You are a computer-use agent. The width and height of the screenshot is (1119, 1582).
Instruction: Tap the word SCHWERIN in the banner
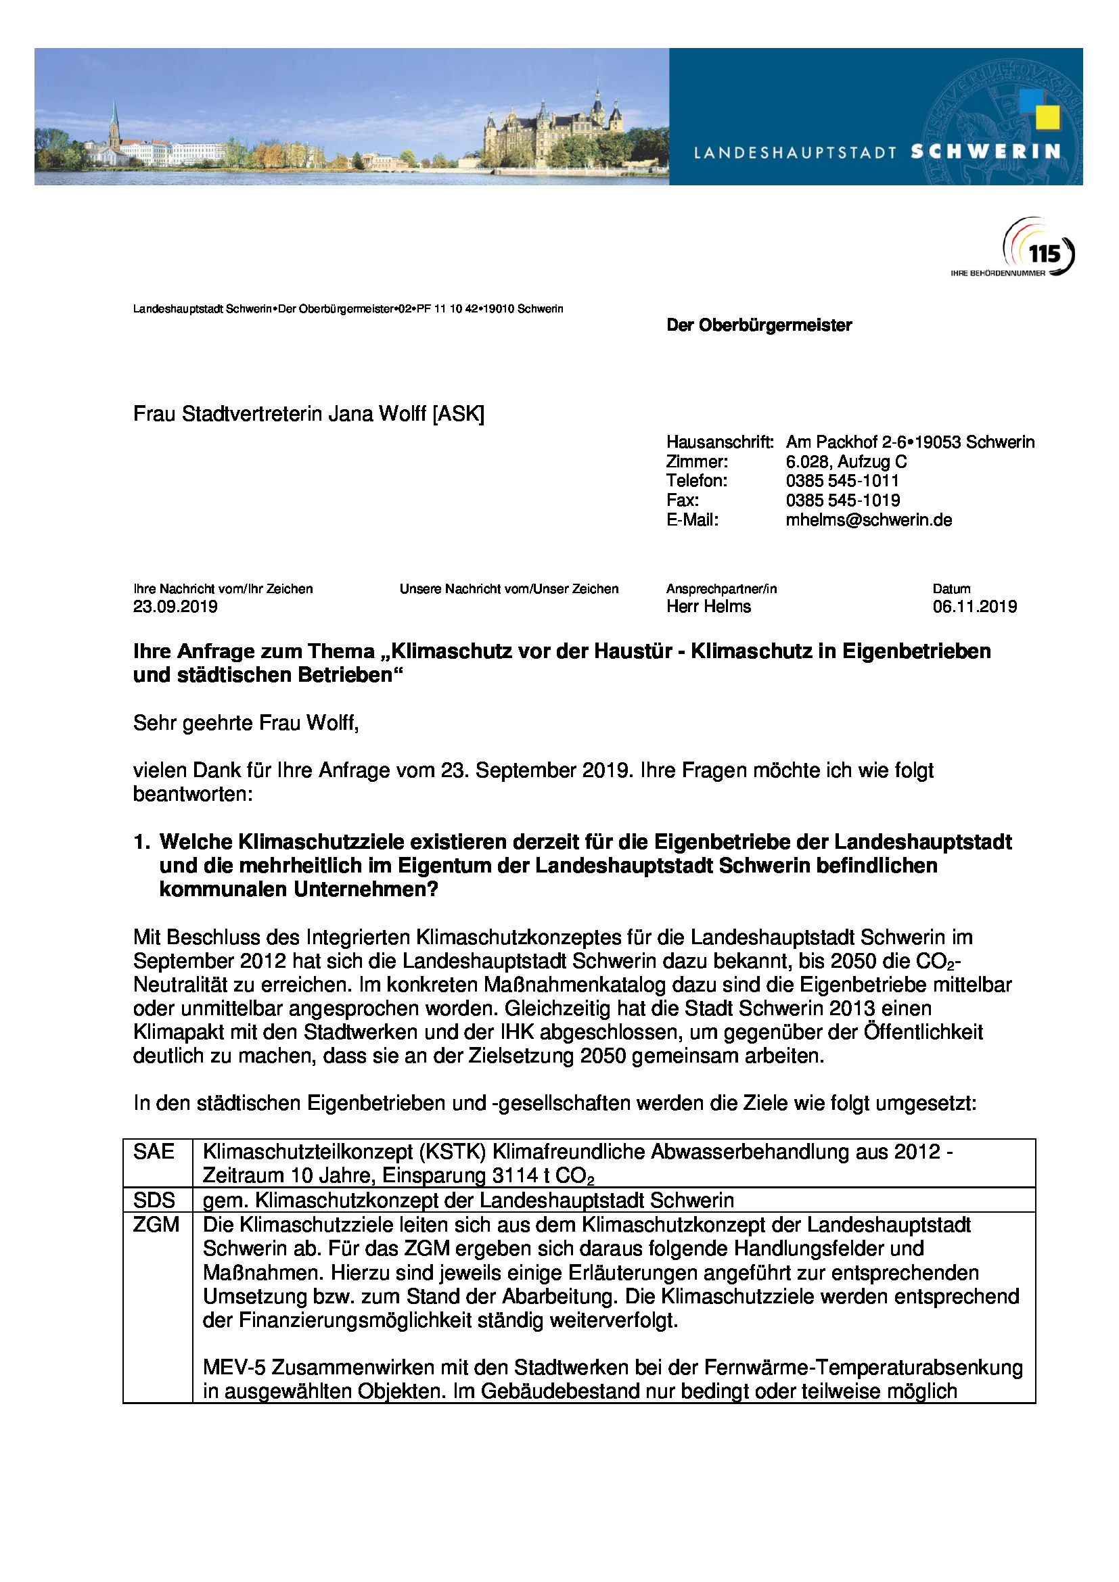[x=985, y=152]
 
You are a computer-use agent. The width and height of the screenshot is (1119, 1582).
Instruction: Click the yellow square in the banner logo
[x=1048, y=117]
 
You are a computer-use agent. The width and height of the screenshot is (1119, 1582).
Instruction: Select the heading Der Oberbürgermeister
[x=758, y=325]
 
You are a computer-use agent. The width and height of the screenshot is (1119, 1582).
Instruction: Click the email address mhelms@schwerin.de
[x=868, y=519]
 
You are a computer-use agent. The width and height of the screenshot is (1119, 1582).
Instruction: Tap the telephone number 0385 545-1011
[x=842, y=481]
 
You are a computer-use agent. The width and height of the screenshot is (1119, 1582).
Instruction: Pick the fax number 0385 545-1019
[x=842, y=501]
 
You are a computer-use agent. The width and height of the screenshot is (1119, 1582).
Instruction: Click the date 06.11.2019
[x=974, y=606]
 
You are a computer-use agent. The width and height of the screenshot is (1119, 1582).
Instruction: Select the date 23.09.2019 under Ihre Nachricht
[x=175, y=606]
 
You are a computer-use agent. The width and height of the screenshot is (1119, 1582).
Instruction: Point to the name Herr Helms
[x=708, y=606]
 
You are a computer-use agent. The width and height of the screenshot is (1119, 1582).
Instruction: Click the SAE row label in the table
[x=154, y=1151]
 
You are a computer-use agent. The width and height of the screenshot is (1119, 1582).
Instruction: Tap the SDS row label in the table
[x=154, y=1201]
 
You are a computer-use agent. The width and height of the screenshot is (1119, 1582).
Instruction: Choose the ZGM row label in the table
[x=156, y=1224]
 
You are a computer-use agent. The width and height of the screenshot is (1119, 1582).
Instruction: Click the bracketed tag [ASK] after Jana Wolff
[x=458, y=413]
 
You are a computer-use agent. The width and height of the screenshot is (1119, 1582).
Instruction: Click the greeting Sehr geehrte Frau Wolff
[x=246, y=723]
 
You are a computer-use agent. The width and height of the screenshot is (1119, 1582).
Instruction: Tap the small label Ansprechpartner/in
[x=721, y=589]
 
